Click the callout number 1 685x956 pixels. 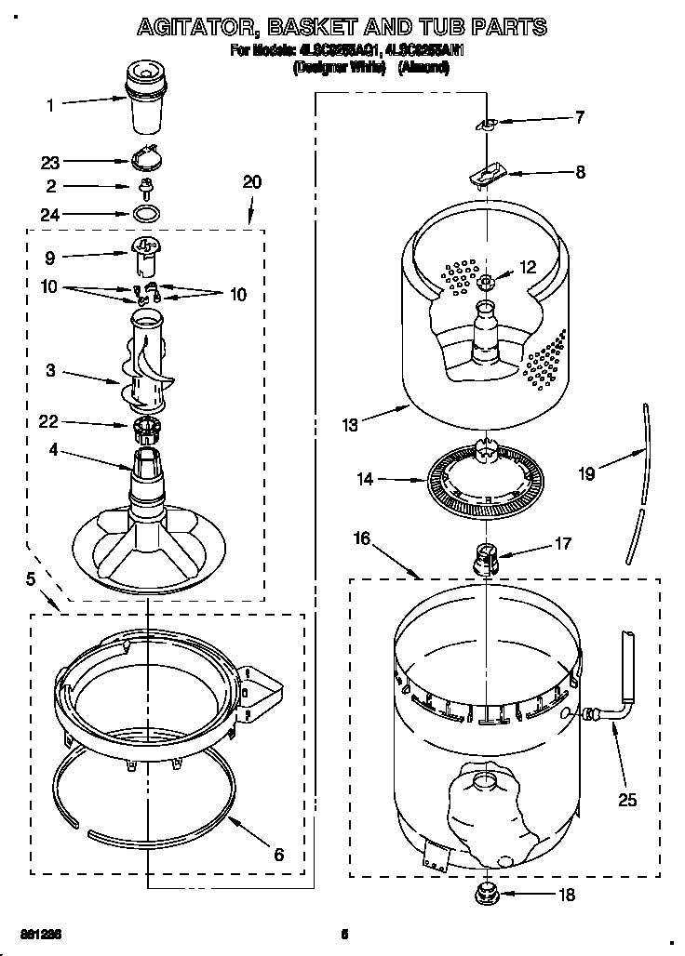click(x=50, y=105)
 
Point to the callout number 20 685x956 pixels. click(x=251, y=182)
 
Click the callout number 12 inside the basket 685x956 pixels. click(x=528, y=267)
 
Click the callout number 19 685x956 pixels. click(x=585, y=472)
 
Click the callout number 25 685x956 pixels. click(x=627, y=799)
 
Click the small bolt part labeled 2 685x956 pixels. click(x=145, y=187)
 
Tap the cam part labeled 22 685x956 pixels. click(x=144, y=431)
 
